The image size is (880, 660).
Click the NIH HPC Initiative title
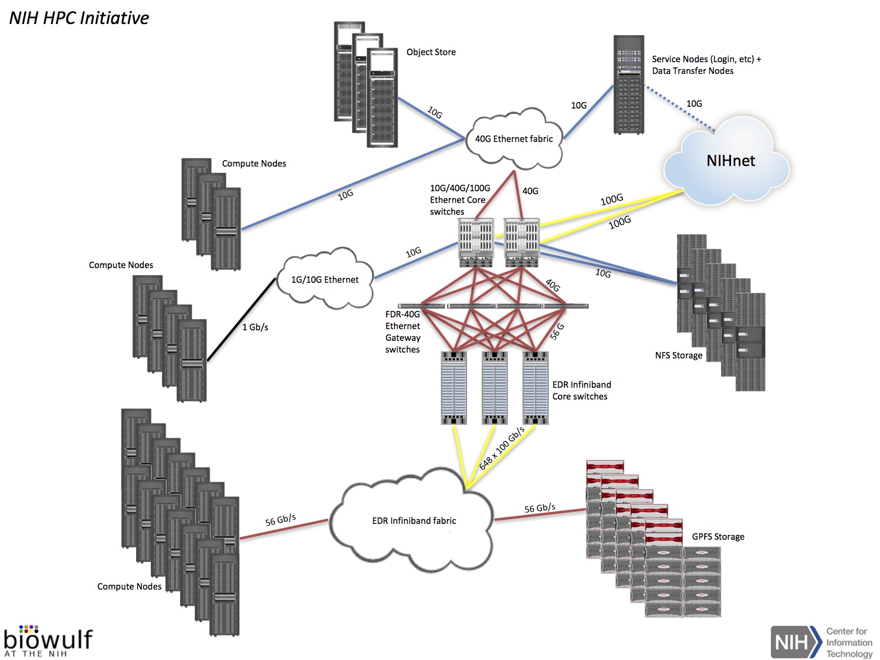[79, 18]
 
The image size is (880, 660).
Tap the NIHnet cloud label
[730, 161]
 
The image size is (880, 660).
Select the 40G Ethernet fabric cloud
[514, 139]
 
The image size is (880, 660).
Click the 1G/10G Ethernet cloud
[324, 280]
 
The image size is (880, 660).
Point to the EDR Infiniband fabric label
[414, 521]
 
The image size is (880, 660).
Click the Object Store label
[431, 52]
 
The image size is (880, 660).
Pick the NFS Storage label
[678, 356]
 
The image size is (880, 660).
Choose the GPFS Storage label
[717, 537]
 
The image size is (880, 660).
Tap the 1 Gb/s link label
[255, 327]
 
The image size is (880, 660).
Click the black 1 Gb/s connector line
[241, 320]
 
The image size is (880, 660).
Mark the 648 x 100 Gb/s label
[502, 449]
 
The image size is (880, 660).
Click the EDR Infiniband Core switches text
[581, 391]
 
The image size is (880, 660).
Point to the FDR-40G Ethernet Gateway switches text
[402, 332]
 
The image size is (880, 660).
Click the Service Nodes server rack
[629, 85]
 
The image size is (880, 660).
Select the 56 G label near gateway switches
[557, 331]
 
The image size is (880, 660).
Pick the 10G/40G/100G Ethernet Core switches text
[459, 200]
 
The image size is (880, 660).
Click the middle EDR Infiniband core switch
[495, 388]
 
